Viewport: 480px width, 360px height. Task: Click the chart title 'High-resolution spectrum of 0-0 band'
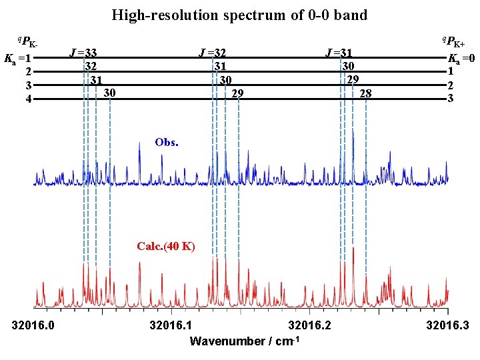pyautogui.click(x=239, y=15)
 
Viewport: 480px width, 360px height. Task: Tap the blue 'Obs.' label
pyautogui.click(x=166, y=142)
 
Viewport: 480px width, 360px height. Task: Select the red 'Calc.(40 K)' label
pyautogui.click(x=166, y=246)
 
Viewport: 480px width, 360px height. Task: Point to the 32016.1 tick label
pyautogui.click(x=171, y=326)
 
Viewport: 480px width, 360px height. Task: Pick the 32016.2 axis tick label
pyautogui.click(x=310, y=326)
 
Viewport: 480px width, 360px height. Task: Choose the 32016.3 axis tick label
pyautogui.click(x=448, y=326)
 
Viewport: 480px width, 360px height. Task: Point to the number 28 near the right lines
pyautogui.click(x=365, y=93)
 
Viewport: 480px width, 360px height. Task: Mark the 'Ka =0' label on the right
pyautogui.click(x=461, y=57)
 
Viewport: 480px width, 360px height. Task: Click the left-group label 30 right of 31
pyautogui.click(x=111, y=93)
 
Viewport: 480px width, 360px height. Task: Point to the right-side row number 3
pyautogui.click(x=451, y=99)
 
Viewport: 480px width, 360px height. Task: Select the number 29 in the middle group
pyautogui.click(x=237, y=93)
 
